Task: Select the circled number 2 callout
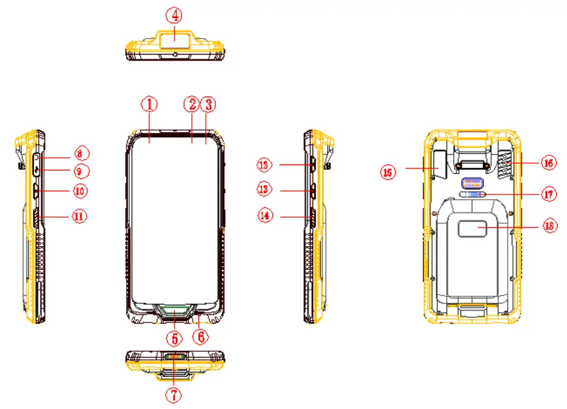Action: pyautogui.click(x=192, y=105)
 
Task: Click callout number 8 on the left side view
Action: pyautogui.click(x=81, y=152)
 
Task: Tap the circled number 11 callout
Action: pyautogui.click(x=81, y=216)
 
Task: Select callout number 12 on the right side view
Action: pyautogui.click(x=265, y=164)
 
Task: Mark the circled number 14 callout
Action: pyautogui.click(x=266, y=216)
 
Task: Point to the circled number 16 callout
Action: pyautogui.click(x=548, y=162)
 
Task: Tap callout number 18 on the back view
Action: pyautogui.click(x=549, y=226)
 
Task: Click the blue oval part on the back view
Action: pyautogui.click(x=472, y=195)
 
